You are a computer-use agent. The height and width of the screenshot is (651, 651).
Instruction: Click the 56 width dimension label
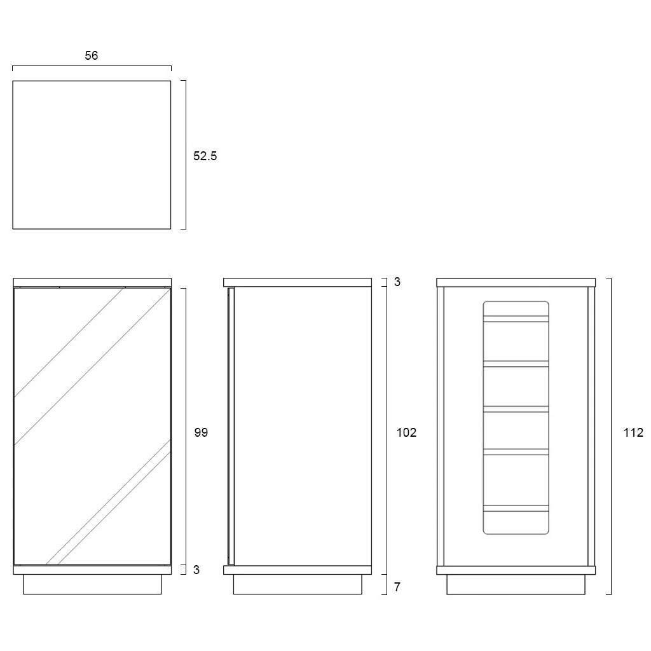[x=92, y=56]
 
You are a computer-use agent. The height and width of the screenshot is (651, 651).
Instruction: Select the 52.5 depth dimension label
[x=205, y=156]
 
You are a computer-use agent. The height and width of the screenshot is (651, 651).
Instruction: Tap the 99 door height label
[x=201, y=432]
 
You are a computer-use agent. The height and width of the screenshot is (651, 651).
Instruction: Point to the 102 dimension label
[x=406, y=432]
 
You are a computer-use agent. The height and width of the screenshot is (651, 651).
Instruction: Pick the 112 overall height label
[x=633, y=432]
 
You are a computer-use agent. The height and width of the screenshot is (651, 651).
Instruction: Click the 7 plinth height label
[x=397, y=587]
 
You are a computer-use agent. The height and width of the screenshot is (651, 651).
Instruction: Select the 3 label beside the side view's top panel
[x=397, y=282]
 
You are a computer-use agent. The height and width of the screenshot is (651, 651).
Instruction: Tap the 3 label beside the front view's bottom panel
[x=196, y=570]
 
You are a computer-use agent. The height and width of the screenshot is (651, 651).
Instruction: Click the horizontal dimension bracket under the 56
[x=92, y=66]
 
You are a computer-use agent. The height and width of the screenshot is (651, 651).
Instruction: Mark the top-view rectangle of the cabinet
[x=92, y=155]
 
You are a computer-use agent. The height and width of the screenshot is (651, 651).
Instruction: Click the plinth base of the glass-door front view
[x=92, y=585]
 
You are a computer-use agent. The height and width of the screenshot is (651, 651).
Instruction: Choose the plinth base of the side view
[x=298, y=585]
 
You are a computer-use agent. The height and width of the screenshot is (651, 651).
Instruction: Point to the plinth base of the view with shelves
[x=516, y=585]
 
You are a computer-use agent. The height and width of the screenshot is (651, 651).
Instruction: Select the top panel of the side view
[x=298, y=282]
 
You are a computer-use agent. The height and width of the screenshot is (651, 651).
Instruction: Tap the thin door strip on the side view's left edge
[x=231, y=426]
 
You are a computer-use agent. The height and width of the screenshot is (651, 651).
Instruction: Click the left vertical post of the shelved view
[x=441, y=427]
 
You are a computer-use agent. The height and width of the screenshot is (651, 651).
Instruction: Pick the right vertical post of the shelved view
[x=591, y=427]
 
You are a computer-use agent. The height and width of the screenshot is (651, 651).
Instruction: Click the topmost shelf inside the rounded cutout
[x=516, y=319]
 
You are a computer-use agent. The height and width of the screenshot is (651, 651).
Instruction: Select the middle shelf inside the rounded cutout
[x=516, y=409]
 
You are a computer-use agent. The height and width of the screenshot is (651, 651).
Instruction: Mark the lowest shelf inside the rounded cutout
[x=516, y=508]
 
